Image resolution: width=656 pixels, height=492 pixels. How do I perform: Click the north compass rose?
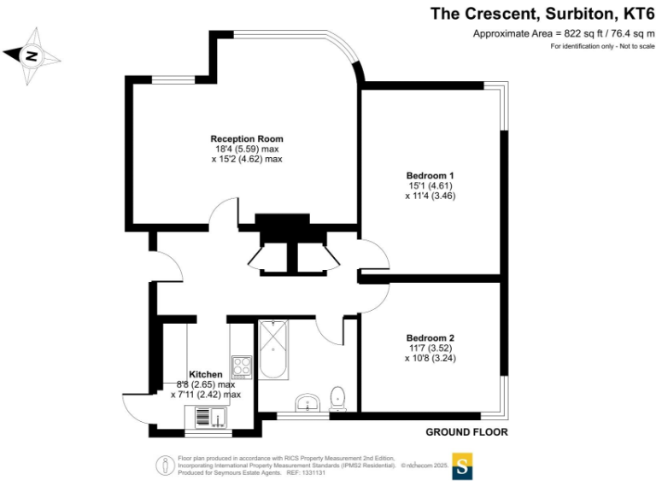[x=32, y=56]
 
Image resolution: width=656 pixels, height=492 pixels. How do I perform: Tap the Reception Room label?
[x=247, y=138]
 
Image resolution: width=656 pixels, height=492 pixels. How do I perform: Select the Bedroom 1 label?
[x=429, y=175]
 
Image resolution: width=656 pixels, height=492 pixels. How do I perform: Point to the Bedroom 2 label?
[x=430, y=337]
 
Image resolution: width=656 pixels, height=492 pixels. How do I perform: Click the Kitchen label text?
[x=206, y=374]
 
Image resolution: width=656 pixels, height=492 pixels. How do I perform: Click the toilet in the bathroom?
[x=339, y=396]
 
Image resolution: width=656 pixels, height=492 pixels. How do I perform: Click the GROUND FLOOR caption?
[x=466, y=432]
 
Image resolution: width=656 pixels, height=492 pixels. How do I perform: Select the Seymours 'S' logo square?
[x=462, y=466]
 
